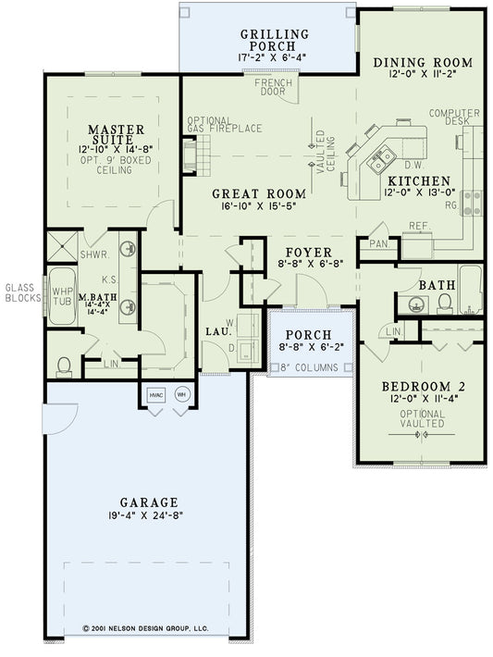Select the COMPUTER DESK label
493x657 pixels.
click(454, 118)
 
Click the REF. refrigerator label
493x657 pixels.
click(419, 225)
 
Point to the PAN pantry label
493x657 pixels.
click(378, 243)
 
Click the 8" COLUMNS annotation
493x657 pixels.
click(309, 367)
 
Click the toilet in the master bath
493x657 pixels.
click(65, 366)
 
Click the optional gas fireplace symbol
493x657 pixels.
click(191, 154)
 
